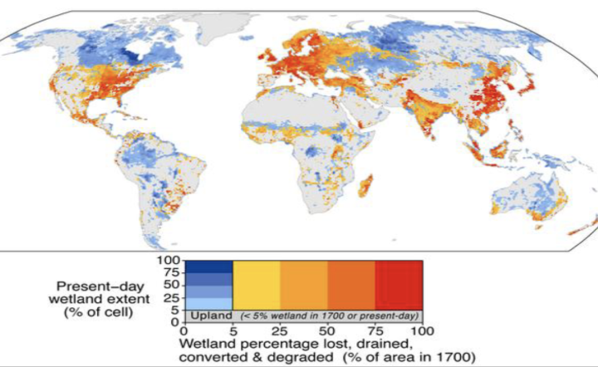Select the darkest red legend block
(x=399, y=284)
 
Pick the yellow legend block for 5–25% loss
(x=257, y=284)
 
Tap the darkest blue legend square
(x=208, y=266)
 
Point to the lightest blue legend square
(x=208, y=301)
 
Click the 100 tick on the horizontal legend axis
(x=423, y=330)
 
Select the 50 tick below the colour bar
(x=327, y=330)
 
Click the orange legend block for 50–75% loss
(x=351, y=284)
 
